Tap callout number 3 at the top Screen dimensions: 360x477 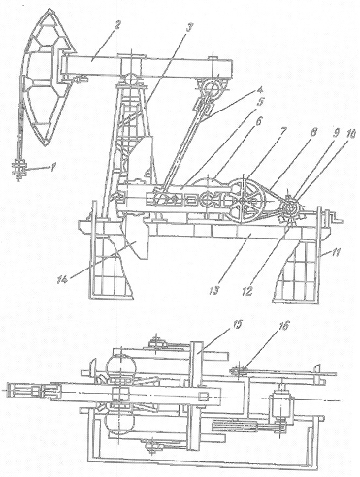[190, 29]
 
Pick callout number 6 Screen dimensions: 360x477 [269, 121]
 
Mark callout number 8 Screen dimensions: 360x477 [313, 132]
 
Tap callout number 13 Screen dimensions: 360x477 [214, 289]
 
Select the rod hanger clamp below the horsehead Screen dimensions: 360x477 [18, 169]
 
